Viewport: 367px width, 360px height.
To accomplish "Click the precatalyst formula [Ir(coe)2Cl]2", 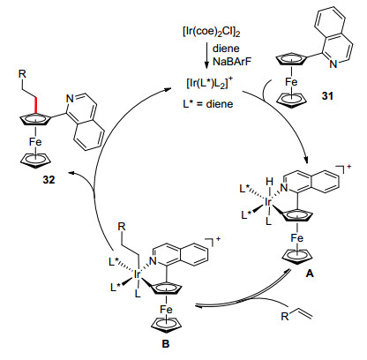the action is point(211,32).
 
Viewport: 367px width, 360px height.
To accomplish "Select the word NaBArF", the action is point(232,62).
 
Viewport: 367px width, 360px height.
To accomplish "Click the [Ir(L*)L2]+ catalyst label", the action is point(210,83).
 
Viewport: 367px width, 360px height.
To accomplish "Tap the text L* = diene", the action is point(208,103).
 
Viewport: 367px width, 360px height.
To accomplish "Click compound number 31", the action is point(327,95).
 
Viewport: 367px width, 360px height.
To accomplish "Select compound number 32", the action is point(49,179).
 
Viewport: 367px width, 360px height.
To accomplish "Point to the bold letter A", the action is point(310,274).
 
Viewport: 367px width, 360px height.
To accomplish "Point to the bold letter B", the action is point(166,343).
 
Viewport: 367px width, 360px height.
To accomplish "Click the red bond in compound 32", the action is point(35,105).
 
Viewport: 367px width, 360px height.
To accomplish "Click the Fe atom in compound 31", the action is point(291,82).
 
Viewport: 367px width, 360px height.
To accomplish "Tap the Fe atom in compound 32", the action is point(35,142).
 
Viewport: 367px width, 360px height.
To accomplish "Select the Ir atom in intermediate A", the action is point(268,202).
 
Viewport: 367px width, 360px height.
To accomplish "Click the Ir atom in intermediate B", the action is point(137,274).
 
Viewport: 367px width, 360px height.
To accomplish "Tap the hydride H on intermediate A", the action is point(269,182).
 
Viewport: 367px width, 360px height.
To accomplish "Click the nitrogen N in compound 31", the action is point(333,64).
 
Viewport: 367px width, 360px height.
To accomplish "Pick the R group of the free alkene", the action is point(285,317).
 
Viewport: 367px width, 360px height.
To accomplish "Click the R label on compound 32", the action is point(22,74).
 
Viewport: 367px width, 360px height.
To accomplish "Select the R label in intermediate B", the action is point(122,226).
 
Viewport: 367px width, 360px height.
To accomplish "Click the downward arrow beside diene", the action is point(206,56).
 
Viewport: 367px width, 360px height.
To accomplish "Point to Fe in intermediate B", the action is point(166,310).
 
